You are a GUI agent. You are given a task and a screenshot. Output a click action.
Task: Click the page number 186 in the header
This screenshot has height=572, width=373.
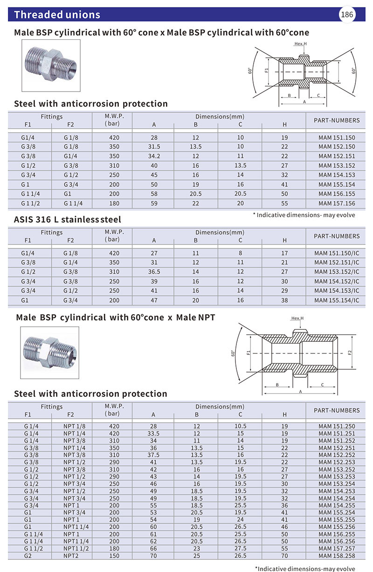[347, 14]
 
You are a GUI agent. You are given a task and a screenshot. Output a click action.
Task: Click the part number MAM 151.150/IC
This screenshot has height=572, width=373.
[336, 253]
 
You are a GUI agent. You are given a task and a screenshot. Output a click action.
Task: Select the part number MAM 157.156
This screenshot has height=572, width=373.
[337, 204]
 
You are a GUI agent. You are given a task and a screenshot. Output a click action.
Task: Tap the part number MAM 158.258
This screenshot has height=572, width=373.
[337, 556]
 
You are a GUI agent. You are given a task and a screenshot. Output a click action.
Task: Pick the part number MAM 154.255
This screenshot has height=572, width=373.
[337, 505]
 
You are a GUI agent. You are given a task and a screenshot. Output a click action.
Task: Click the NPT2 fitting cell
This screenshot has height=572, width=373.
[71, 556]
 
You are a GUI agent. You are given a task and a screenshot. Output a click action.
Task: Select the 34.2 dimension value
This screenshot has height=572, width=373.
[154, 156]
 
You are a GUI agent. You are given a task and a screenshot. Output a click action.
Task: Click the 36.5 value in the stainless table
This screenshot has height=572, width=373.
[154, 272]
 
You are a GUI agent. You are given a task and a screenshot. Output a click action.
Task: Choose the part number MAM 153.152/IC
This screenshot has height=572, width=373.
[336, 272]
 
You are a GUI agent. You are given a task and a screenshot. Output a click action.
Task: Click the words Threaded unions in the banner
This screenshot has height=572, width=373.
[57, 14]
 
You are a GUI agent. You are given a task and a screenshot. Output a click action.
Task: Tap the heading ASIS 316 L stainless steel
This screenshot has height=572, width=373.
[68, 219]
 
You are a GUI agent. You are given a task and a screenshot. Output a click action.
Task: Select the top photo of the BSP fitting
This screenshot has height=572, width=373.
[51, 65]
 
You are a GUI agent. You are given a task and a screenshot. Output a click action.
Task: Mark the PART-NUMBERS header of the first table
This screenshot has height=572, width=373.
[337, 120]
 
